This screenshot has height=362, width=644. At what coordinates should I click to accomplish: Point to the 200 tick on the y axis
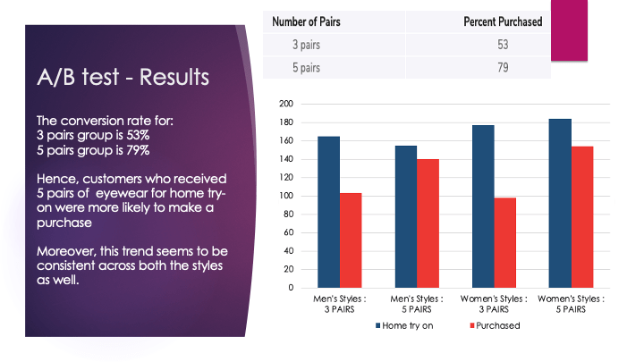click(287, 104)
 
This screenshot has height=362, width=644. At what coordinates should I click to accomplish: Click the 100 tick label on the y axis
click(287, 196)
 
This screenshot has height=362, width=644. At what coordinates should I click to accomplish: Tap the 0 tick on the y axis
click(291, 288)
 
